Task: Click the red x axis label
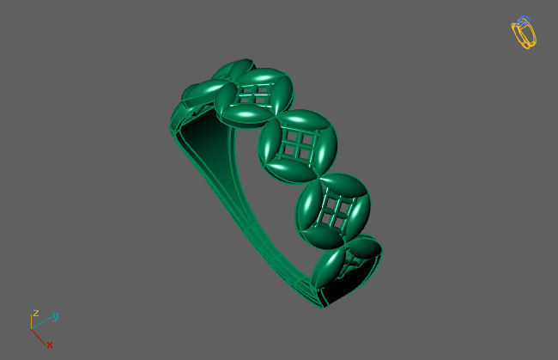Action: pyautogui.click(x=50, y=345)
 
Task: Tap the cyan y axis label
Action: pyautogui.click(x=55, y=316)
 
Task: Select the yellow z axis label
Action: pyautogui.click(x=35, y=314)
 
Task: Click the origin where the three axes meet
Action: pyautogui.click(x=32, y=328)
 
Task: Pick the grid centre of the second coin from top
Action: pyautogui.click(x=256, y=92)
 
